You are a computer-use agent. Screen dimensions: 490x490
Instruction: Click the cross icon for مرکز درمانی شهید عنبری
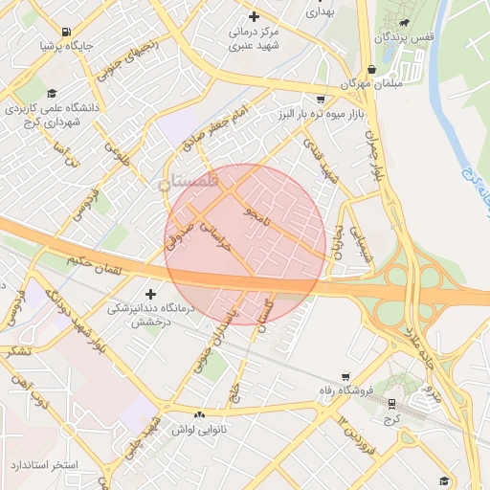254,16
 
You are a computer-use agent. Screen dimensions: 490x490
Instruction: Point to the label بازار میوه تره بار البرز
333,115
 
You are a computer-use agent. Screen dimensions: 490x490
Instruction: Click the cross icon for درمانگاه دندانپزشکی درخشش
149,294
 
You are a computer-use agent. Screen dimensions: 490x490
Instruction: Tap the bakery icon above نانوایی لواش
199,414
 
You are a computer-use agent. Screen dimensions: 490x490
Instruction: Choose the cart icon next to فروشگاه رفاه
345,375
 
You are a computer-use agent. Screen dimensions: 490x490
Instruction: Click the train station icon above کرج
390,403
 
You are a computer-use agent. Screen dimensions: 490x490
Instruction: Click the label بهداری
318,13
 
